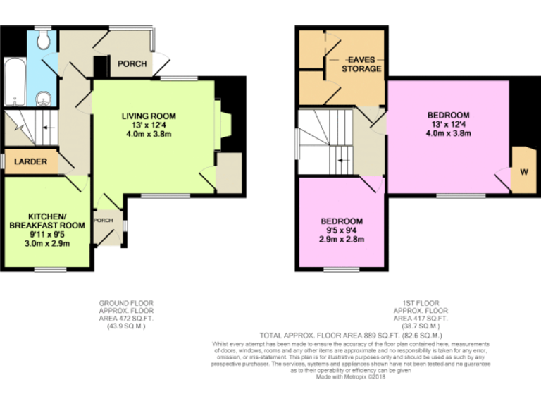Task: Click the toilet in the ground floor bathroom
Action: pos(44,41)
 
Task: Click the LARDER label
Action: pos(31,161)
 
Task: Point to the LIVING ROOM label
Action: pos(148,116)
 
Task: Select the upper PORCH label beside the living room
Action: pos(132,64)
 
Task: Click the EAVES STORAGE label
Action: pos(361,65)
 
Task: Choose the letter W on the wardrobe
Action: pos(523,171)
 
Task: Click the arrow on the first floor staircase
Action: pos(342,160)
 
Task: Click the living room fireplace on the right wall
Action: pos(225,125)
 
